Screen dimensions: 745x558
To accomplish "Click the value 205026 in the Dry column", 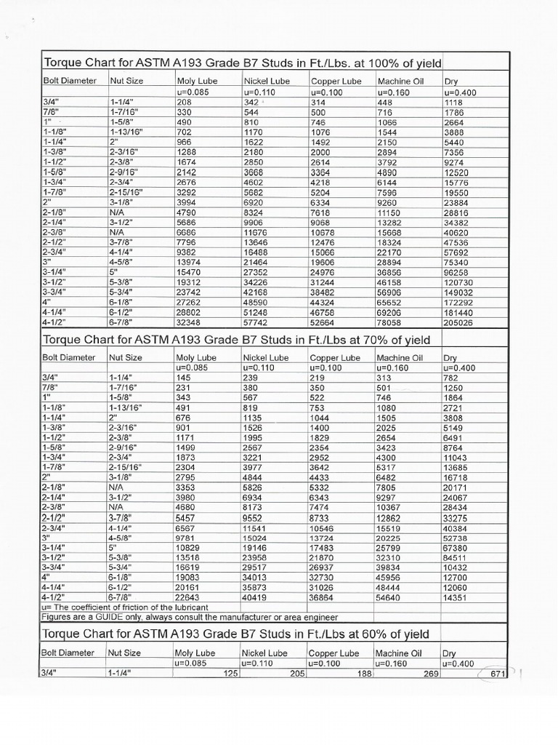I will tap(459, 322).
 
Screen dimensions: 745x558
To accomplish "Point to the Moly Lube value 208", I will tap(185, 103).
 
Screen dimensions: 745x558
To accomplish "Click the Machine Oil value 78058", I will tap(391, 322).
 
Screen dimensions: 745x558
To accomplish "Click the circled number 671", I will tap(497, 674).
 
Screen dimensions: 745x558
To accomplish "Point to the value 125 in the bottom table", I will tap(231, 674).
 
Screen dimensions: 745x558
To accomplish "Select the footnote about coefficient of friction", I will tap(125, 607).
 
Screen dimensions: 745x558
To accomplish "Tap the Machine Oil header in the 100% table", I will tap(399, 81).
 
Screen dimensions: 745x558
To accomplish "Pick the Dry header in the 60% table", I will tap(450, 653).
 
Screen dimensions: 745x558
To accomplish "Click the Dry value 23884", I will tap(457, 202).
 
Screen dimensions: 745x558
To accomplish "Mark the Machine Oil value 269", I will tap(432, 674).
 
